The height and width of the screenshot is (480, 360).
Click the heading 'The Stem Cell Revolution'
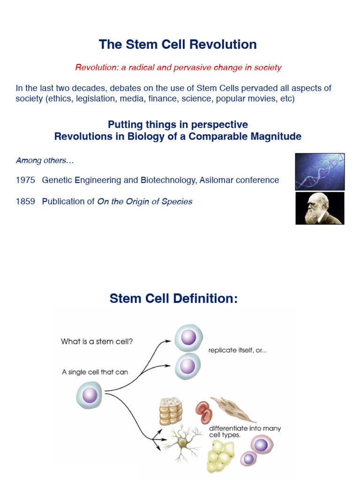178,45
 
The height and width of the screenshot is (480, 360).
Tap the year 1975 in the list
25,180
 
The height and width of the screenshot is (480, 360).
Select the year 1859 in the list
25,202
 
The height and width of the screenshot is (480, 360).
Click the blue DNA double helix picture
320,172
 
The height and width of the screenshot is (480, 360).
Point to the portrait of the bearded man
320,208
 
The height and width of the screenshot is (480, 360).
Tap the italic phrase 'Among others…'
45,160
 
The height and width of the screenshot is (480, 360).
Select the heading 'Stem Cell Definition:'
174,298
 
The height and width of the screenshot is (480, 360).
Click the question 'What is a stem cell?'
97,342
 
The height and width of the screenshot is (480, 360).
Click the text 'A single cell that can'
95,372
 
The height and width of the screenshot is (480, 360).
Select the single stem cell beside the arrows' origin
89,395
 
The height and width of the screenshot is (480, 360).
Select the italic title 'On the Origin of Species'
145,202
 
